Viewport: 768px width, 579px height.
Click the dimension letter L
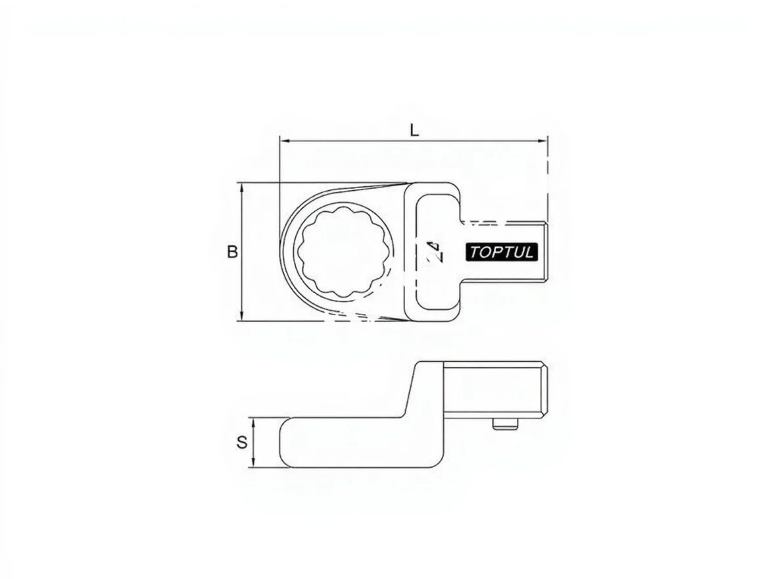(x=415, y=130)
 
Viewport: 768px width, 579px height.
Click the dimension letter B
(x=232, y=251)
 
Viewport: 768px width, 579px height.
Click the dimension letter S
(x=242, y=442)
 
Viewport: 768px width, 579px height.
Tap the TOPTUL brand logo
(x=501, y=252)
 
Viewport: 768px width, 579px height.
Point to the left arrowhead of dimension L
(x=283, y=141)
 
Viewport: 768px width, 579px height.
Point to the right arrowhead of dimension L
(x=543, y=141)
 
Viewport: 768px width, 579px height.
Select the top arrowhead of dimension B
(x=241, y=188)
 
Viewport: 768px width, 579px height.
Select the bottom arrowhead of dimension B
(x=241, y=316)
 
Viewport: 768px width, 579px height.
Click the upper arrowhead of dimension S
(x=252, y=422)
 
